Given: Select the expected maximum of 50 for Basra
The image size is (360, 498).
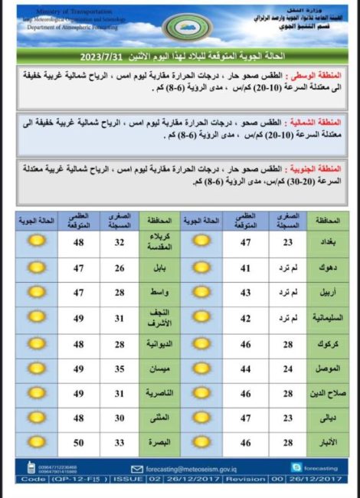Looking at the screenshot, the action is coord(79,442).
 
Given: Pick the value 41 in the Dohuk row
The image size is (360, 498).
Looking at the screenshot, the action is coord(246,267).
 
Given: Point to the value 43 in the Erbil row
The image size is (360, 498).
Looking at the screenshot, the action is coord(246,293).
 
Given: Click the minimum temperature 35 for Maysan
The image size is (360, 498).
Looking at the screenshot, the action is coord(120,369).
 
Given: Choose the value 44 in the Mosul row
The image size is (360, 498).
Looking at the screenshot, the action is coord(246,369).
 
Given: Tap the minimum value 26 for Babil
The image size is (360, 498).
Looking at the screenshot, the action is coord(120,267).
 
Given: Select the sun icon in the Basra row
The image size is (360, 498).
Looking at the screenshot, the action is coord(35,442).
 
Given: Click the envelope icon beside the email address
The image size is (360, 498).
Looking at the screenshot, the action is coord(137,468).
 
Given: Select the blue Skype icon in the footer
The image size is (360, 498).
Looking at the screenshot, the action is coord(296,467).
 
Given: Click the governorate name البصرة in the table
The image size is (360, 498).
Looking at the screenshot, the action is coord(159,442).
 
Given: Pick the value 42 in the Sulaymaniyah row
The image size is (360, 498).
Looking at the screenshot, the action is coord(246,318).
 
